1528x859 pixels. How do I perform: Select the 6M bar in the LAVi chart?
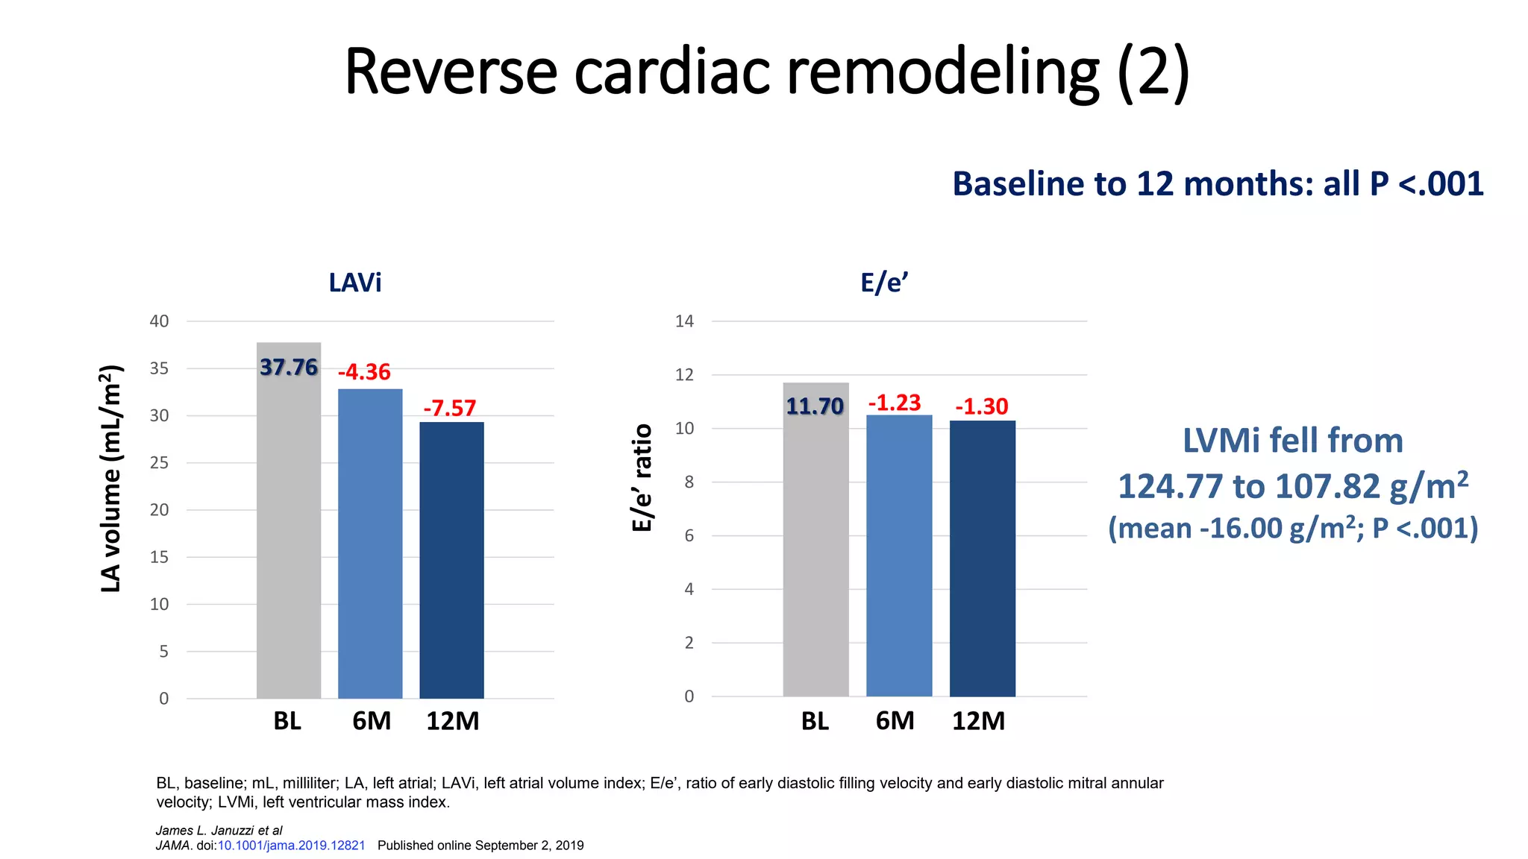click(x=370, y=544)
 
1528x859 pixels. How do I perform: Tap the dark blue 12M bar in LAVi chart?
click(x=451, y=559)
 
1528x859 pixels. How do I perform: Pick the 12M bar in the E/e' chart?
click(x=982, y=559)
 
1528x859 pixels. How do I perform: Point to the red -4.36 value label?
click(x=364, y=372)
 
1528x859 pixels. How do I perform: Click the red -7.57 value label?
click(x=449, y=409)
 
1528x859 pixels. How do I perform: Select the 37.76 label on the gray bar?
click(x=288, y=368)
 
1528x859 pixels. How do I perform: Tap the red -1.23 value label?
click(x=894, y=403)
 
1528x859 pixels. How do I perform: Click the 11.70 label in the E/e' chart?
click(x=814, y=406)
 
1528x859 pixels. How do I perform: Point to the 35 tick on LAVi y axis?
click(x=159, y=368)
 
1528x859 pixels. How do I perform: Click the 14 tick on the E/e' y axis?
click(x=684, y=321)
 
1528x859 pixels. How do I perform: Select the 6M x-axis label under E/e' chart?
click(x=895, y=721)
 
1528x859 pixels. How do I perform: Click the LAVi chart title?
click(x=355, y=283)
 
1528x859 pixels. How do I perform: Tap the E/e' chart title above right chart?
click(x=884, y=283)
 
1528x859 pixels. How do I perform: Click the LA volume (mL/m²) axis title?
click(x=110, y=479)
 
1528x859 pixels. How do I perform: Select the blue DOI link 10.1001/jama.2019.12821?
click(x=291, y=846)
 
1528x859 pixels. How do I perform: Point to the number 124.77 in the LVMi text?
click(x=1170, y=487)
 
